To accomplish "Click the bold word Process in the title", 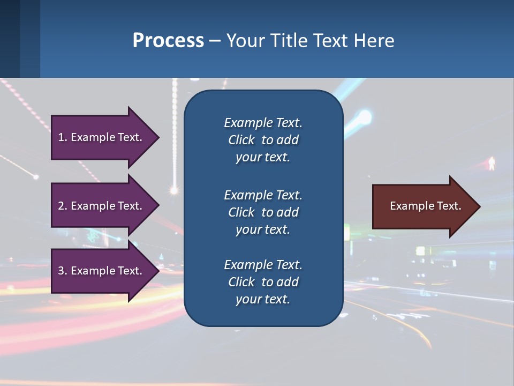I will point(168,41).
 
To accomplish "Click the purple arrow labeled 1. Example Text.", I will point(102,137).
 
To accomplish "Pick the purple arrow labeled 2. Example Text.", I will point(102,206).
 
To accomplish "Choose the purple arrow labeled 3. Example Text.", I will point(102,271).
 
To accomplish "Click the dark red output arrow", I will point(423,206).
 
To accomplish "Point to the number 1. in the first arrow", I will point(63,137).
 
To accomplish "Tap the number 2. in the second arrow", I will point(63,206).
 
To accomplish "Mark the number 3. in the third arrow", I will point(63,271).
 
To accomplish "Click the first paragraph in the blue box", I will point(263,140).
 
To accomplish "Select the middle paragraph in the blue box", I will point(263,212).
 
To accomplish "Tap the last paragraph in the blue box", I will point(263,282).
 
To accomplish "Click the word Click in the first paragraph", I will point(241,140).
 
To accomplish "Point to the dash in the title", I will point(215,41).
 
